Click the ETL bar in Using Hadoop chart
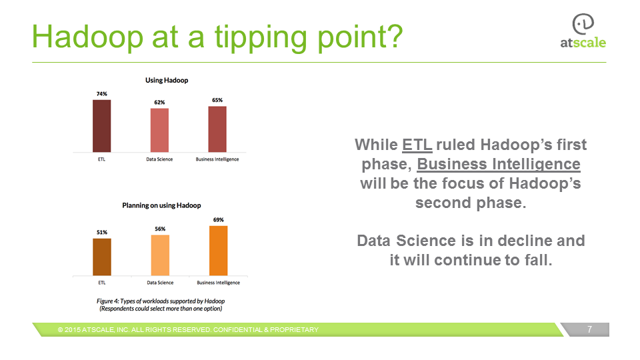101,126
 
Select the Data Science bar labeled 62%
159,130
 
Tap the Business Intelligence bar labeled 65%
217,129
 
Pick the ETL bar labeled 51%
102,257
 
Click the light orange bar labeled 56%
160,255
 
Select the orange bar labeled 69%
219,251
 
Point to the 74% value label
101,94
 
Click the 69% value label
219,219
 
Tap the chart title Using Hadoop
167,81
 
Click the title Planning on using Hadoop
161,205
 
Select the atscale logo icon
583,24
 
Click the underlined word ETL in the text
417,145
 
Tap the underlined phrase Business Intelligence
499,164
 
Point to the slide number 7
589,329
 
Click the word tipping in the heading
261,37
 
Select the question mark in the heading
394,36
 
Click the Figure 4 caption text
161,305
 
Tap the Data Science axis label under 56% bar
160,283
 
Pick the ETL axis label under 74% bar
101,159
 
